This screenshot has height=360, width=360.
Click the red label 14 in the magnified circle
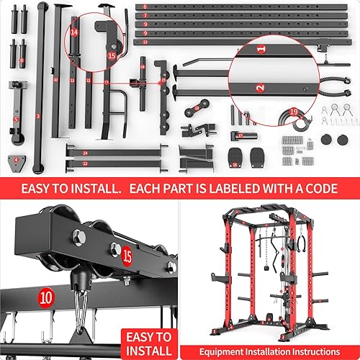point(74,32)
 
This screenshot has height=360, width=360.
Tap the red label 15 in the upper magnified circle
point(112,55)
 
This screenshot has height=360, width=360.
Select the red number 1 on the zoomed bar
point(261,49)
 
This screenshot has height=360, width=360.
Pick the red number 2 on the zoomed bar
point(260,87)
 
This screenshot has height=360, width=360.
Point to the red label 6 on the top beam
point(145,7)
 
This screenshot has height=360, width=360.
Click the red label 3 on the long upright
point(37,115)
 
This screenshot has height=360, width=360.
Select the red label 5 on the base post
point(15,118)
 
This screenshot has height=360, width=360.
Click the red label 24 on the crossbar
point(85,153)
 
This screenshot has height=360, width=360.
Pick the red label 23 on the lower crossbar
point(85,163)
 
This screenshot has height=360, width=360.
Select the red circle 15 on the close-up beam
point(127,255)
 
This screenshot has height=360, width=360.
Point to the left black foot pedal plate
point(235,156)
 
